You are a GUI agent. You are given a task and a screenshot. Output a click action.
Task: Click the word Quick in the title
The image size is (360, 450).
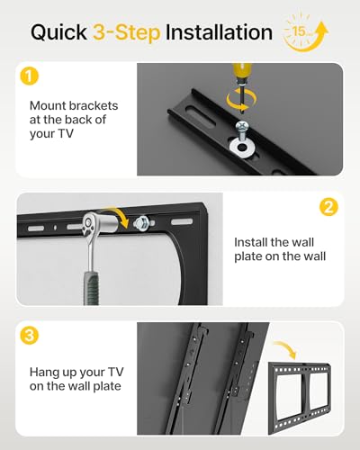point(58,33)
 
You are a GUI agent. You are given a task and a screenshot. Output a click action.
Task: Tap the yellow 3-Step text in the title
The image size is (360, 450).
point(126,32)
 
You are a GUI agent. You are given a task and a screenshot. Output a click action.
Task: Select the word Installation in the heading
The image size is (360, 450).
point(219,32)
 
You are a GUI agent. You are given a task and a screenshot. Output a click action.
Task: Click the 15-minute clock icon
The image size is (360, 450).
point(305,33)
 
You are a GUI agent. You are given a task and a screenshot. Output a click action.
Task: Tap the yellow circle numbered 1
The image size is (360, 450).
point(30,76)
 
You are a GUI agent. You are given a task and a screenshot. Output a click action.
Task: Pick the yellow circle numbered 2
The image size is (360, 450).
point(328,207)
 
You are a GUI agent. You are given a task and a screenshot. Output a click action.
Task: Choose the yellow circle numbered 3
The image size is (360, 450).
point(30,335)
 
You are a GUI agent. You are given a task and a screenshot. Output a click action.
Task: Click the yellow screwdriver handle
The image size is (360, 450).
point(242,75)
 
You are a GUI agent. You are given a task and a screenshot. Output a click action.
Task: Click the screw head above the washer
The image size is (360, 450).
point(242,125)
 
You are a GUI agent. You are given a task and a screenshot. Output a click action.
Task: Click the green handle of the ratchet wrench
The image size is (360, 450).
point(91,288)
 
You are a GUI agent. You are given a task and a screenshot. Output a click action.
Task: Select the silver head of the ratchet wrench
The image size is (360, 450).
point(93,223)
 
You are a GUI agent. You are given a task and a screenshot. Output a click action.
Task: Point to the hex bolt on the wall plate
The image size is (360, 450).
point(142,223)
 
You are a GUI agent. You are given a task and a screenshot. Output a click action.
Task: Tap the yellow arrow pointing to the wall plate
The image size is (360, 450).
point(286,348)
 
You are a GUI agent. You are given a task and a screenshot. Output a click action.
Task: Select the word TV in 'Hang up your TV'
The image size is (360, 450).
point(115,373)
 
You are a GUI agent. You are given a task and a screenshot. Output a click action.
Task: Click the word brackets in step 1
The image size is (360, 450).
point(94,106)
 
